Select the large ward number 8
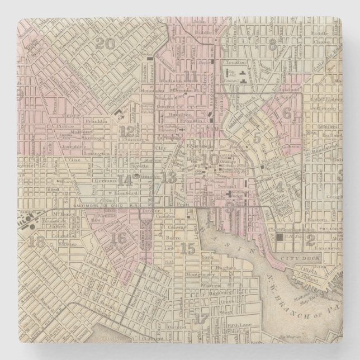tap(272, 45)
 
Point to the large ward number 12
tap(130, 131)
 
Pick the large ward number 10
tap(211, 159)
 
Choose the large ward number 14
tap(126, 180)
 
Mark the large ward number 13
tap(170, 177)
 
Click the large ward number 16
tap(119, 236)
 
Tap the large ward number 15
tap(188, 247)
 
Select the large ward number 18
tap(37, 241)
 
